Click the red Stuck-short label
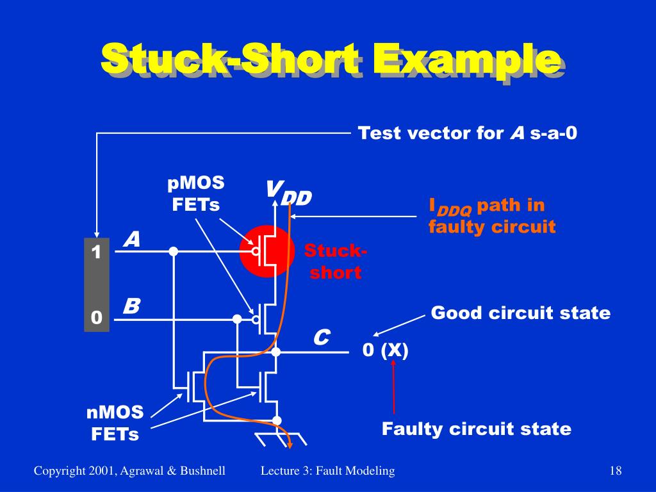(x=336, y=261)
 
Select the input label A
(x=132, y=240)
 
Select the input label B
(x=131, y=306)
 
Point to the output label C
(x=321, y=337)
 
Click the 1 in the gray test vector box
(x=97, y=253)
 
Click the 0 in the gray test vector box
(x=97, y=318)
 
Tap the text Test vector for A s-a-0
(x=468, y=133)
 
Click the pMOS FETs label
(x=196, y=193)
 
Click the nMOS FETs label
(x=115, y=423)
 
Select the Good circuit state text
(x=520, y=313)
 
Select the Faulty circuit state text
(x=476, y=429)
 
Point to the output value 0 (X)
(x=385, y=350)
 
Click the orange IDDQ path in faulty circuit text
(x=491, y=216)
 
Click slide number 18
(x=616, y=471)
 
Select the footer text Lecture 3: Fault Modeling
(x=327, y=471)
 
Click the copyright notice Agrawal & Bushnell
(x=129, y=471)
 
